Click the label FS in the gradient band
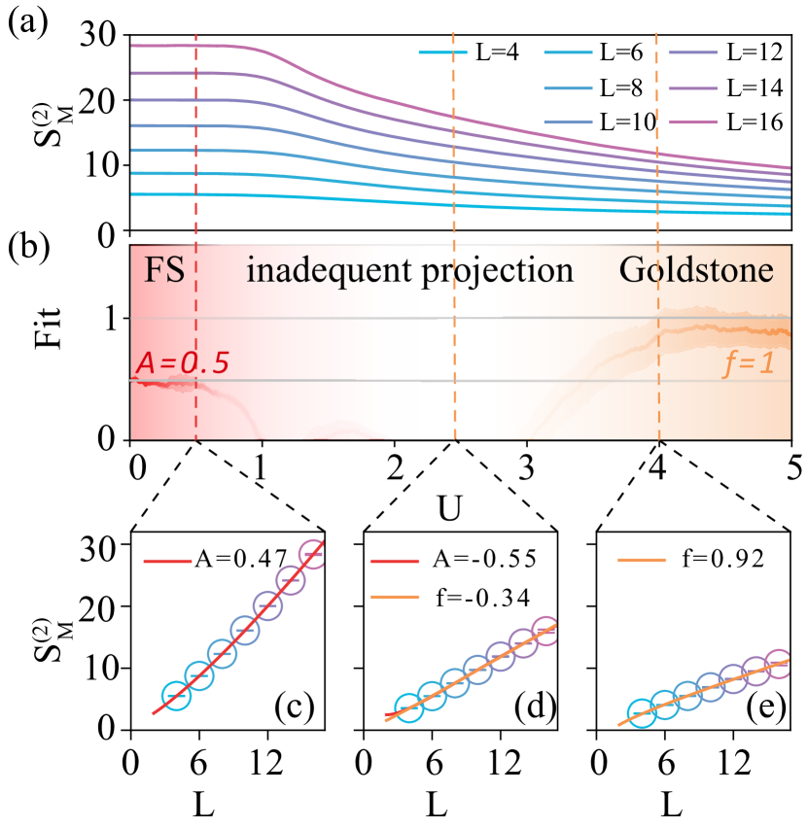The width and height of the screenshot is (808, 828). (x=164, y=269)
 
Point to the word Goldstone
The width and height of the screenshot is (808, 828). (x=696, y=269)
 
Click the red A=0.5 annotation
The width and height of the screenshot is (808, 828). (x=182, y=362)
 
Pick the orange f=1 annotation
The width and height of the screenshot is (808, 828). (x=749, y=363)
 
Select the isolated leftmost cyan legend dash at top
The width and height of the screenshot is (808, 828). (x=442, y=52)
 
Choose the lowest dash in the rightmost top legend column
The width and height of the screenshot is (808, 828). (x=692, y=122)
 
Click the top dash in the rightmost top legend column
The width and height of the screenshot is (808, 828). (x=692, y=52)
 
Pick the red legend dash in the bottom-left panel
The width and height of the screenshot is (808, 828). (x=167, y=561)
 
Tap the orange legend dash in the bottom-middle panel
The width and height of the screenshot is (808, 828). (x=396, y=597)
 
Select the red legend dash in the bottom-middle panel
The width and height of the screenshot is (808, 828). (x=396, y=561)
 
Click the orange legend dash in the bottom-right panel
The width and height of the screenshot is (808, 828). (x=642, y=560)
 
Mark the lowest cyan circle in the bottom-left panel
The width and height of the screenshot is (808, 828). (x=176, y=696)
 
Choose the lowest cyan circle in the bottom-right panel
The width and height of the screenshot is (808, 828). (x=640, y=713)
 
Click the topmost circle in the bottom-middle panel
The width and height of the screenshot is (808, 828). (x=545, y=631)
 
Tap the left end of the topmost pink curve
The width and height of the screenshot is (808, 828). (x=134, y=46)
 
